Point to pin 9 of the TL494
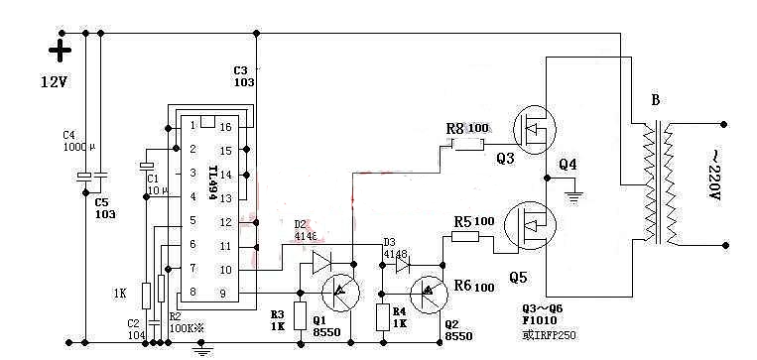coord(223,293)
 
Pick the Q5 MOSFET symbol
coord(531,227)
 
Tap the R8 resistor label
coord(455,128)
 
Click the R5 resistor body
coord(465,237)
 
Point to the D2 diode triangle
coord(319,262)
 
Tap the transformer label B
coord(655,100)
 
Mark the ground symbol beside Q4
coord(572,195)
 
